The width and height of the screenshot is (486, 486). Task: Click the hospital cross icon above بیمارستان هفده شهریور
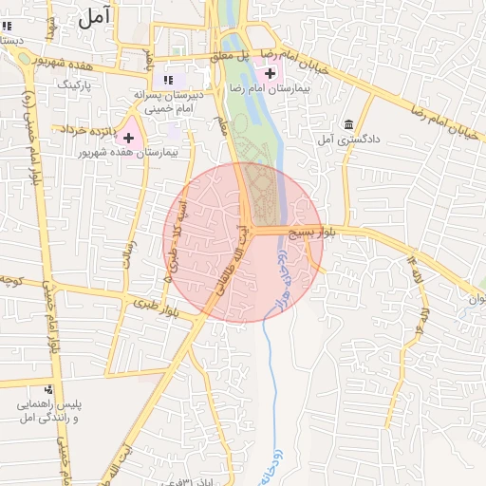[129, 139]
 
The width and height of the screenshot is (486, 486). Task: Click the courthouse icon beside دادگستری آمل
[349, 125]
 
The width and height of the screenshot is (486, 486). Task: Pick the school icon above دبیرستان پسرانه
[168, 80]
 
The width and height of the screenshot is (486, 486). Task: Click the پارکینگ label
[79, 84]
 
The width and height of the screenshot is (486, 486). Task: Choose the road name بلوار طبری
[156, 306]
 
